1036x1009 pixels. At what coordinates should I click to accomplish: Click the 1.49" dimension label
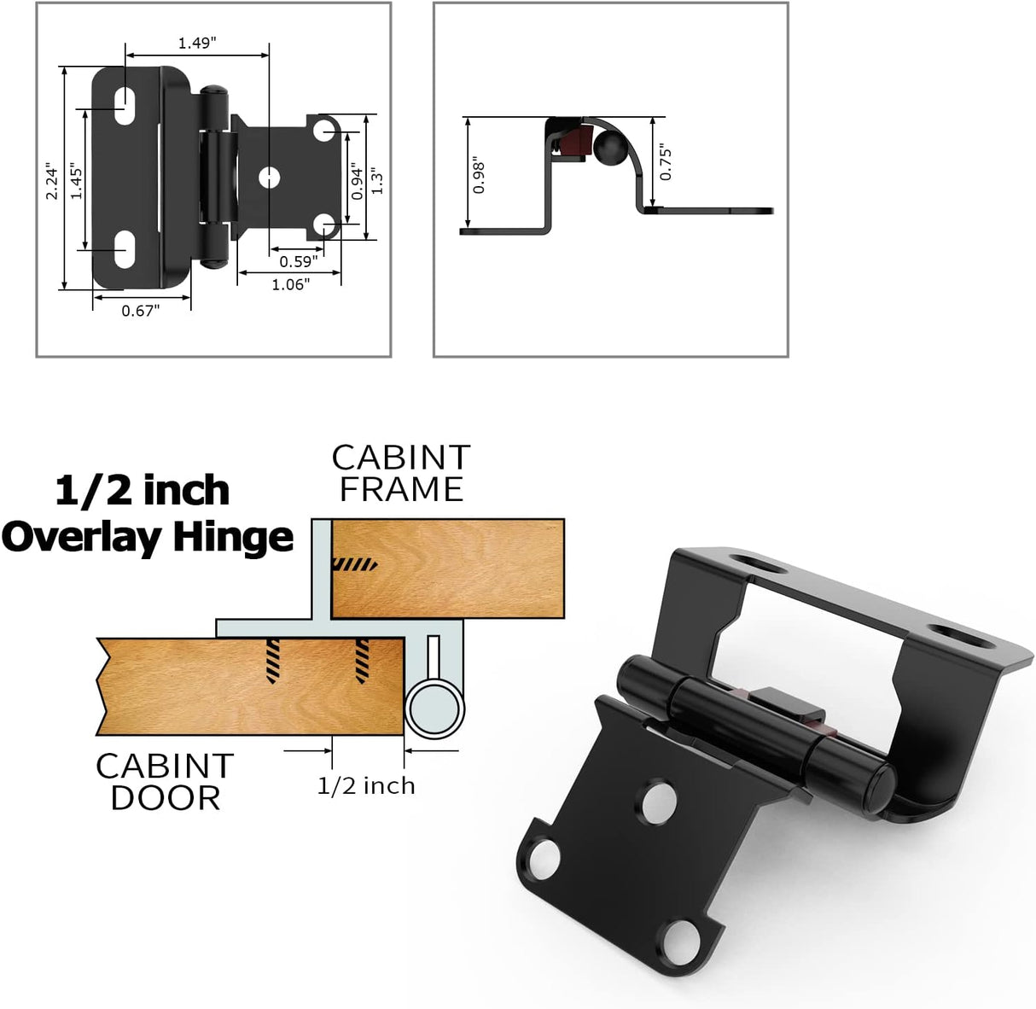195,43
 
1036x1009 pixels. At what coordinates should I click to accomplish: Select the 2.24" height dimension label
53,180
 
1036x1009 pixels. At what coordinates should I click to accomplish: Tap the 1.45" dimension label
77,180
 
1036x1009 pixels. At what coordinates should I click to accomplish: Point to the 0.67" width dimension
140,311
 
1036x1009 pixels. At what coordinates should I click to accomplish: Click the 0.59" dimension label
298,262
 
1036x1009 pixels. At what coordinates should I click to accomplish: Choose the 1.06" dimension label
290,284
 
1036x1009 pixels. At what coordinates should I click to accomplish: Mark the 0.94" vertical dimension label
358,181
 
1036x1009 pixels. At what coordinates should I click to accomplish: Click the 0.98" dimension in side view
479,177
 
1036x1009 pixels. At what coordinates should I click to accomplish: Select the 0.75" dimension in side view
666,162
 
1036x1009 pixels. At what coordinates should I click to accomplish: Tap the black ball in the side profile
609,149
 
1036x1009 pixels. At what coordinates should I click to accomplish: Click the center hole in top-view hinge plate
270,177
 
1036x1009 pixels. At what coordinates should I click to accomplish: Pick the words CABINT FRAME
400,473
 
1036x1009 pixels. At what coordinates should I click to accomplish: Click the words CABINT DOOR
164,781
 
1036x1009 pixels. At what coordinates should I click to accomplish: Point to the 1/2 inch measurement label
366,785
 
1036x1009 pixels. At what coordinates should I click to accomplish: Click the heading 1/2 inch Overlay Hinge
147,515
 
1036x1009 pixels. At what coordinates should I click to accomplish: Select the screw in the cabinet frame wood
353,564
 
